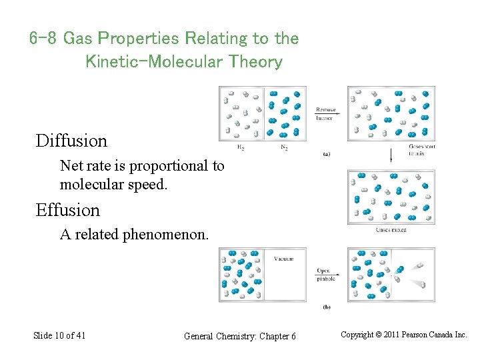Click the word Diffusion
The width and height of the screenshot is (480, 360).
71,141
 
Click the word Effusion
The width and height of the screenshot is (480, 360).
67,211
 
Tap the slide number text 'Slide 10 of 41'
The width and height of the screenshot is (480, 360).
59,335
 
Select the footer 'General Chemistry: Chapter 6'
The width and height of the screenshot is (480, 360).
239,336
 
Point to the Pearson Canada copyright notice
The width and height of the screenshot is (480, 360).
404,335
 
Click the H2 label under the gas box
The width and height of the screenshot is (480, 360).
241,147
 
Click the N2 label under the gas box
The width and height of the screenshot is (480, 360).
284,147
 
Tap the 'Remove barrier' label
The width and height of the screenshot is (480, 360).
326,113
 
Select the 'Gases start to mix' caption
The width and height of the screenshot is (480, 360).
421,149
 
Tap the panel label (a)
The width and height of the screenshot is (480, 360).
326,154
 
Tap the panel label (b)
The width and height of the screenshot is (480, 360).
326,307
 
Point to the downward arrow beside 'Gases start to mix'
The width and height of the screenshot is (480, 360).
390,155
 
